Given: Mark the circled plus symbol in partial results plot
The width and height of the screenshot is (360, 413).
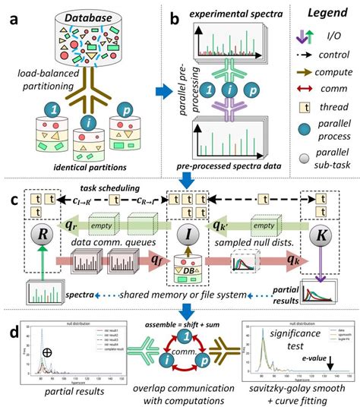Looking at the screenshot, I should coord(49,352).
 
